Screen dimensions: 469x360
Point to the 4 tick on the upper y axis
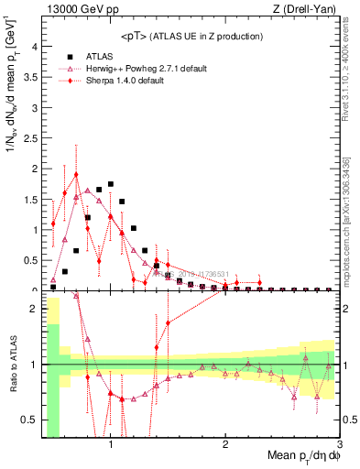[32, 47]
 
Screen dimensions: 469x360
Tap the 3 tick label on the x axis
[339, 445]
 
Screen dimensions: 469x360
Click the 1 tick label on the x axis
[111, 445]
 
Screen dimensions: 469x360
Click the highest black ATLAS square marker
[111, 184]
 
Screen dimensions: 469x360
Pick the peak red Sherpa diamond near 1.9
[76, 174]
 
